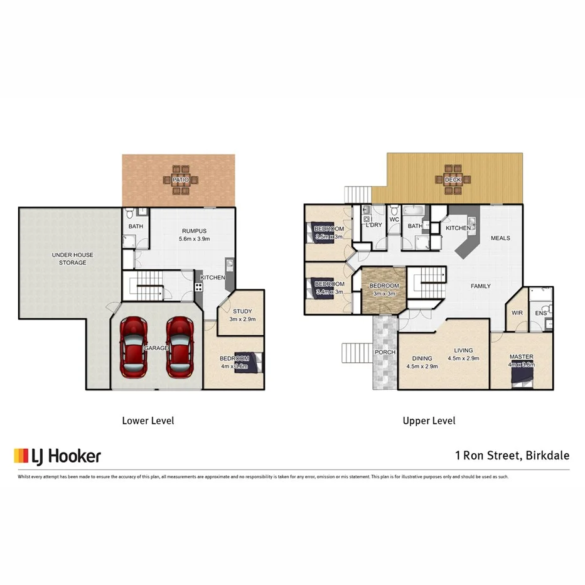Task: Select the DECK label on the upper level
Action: (x=453, y=180)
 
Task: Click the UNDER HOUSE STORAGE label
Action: (x=73, y=259)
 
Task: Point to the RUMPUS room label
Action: (x=194, y=231)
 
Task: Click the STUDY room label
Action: (x=242, y=311)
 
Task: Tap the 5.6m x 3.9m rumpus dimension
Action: (x=194, y=239)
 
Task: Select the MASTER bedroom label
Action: (x=521, y=357)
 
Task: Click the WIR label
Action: (x=517, y=312)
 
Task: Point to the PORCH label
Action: (x=385, y=352)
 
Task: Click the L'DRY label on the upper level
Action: (x=374, y=225)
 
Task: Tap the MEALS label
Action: (x=500, y=238)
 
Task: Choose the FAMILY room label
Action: (x=481, y=286)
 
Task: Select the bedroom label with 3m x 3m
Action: (x=384, y=290)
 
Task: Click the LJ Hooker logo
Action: (x=57, y=456)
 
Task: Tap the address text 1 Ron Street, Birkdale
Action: (x=512, y=456)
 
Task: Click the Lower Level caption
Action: (x=148, y=421)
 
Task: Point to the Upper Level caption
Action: (x=429, y=421)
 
